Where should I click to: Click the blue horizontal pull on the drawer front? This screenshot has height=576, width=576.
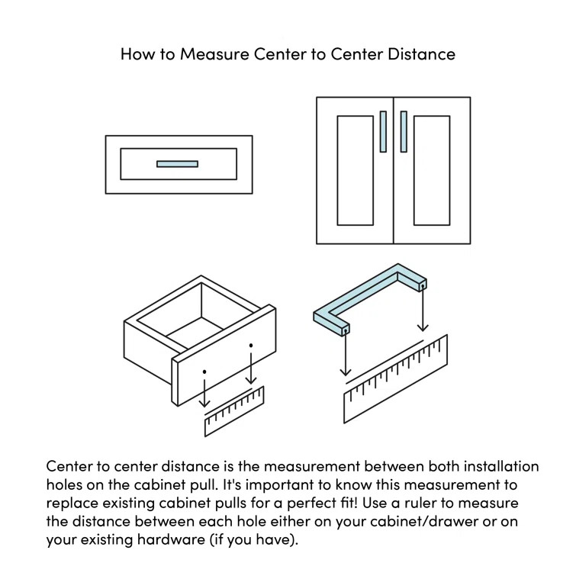pyautogui.click(x=177, y=163)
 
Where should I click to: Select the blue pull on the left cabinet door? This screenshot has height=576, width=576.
pyautogui.click(x=383, y=131)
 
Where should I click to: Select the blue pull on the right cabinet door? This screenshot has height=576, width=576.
pyautogui.click(x=403, y=131)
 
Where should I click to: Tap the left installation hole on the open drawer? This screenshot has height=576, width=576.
pyautogui.click(x=204, y=372)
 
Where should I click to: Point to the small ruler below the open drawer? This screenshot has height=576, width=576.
pyautogui.click(x=234, y=413)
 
